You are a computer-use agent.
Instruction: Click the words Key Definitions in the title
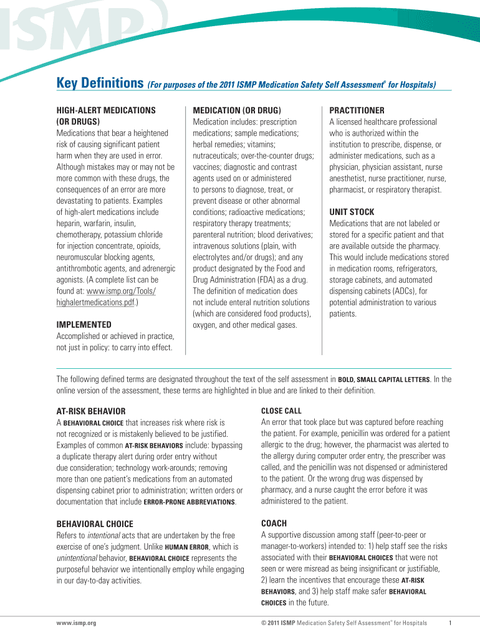[x=100, y=83]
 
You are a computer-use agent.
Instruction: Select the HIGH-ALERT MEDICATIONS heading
[x=106, y=110]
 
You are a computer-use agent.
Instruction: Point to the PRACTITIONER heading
[x=357, y=110]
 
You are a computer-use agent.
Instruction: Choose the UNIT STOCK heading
[x=352, y=212]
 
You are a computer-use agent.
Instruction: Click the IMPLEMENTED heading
[x=84, y=325]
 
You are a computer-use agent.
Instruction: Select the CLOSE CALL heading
[x=281, y=411]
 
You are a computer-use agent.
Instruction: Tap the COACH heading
[x=274, y=524]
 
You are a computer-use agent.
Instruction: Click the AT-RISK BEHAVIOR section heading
[x=91, y=411]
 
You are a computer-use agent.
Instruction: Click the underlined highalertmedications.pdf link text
[x=95, y=302]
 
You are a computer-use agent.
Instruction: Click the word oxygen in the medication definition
[x=206, y=325]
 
